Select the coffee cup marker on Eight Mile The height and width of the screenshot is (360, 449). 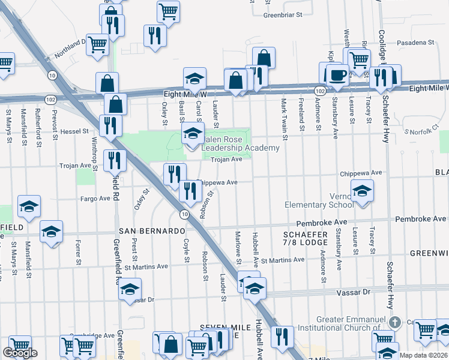tap(336, 75)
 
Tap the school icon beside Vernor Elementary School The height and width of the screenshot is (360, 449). tap(362, 191)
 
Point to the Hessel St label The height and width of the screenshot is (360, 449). tap(74, 130)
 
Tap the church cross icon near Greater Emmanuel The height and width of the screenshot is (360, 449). tap(394, 322)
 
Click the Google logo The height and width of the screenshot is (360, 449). tap(20, 353)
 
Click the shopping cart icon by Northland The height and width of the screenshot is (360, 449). tap(97, 44)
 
